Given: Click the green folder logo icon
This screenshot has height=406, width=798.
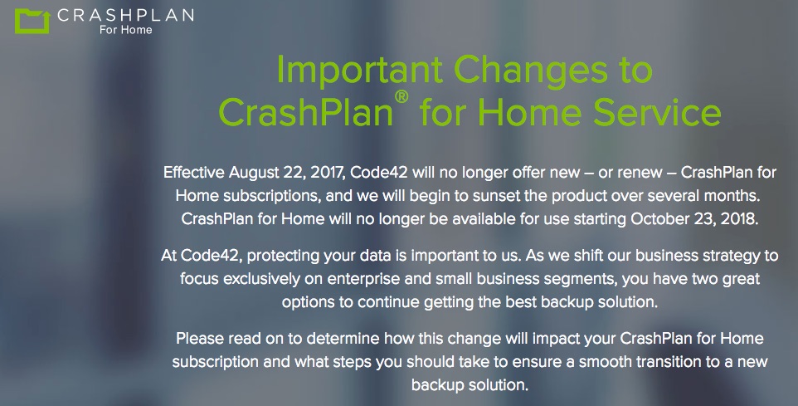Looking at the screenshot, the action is point(32,22).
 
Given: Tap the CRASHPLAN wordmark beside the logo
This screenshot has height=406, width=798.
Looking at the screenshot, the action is point(126,15).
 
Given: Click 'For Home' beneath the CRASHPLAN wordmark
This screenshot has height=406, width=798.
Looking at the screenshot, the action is point(126,30).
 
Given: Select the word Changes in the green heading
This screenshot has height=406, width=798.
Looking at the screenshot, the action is point(530,70).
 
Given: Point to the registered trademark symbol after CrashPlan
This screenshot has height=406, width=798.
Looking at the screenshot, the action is point(401,96).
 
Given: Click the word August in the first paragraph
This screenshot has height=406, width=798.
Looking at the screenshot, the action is point(253,174).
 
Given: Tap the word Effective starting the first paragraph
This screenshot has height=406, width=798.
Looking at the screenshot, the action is point(194,173).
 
